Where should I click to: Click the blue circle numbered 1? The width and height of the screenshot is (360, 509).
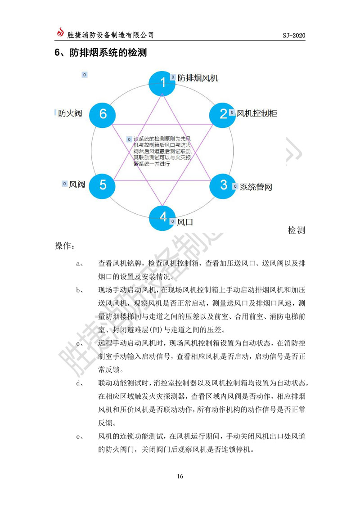(x=163, y=83)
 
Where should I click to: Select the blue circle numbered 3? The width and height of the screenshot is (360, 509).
(x=224, y=185)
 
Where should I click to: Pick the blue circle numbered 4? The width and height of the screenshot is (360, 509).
(x=163, y=217)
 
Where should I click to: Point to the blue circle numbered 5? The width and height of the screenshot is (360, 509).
(x=103, y=185)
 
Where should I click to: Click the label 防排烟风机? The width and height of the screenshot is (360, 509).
(x=198, y=78)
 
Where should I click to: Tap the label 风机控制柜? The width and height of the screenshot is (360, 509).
(x=256, y=113)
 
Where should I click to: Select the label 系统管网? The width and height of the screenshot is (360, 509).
(x=255, y=187)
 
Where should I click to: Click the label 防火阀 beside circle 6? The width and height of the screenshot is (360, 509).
(x=70, y=113)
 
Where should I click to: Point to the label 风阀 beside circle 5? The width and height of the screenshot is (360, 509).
(x=77, y=185)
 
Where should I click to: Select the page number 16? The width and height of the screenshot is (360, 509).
(x=180, y=477)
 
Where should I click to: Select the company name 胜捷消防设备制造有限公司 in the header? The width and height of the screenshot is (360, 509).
(x=110, y=35)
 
